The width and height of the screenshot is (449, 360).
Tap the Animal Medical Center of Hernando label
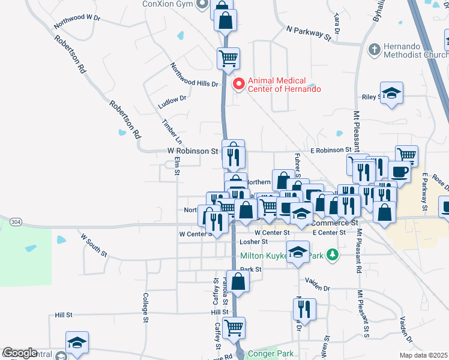284,85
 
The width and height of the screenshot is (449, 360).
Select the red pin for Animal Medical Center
238,84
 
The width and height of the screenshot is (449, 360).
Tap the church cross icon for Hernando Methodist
373,50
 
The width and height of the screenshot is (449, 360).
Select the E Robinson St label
330,149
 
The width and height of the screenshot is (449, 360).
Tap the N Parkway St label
309,33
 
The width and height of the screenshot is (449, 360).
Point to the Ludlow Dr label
172,102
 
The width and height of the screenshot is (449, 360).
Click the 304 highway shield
16,222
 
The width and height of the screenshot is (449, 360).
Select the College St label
145,308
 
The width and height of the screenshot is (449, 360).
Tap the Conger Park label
270,354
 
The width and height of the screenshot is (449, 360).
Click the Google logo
20,353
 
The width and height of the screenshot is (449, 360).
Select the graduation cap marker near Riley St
391,93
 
